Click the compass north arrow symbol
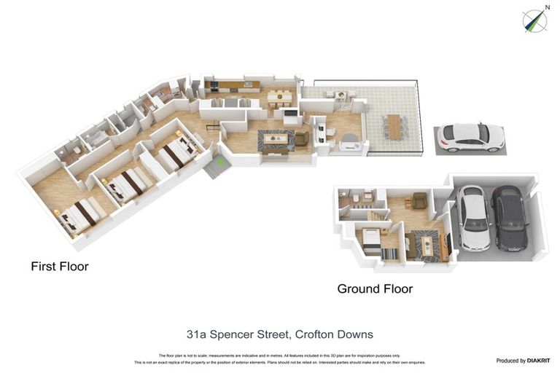coord(536,20)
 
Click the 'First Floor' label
coord(59,267)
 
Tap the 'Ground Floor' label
coord(374,289)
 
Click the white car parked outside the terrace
coord(470,136)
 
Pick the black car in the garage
coord(509,217)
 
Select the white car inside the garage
coord(474,217)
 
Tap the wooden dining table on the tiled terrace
coord(394,125)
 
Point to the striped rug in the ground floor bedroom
coord(389,254)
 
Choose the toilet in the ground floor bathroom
coord(352,197)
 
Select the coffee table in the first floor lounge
coord(275,138)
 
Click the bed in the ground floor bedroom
coord(371,239)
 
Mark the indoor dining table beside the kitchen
coord(276,96)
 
